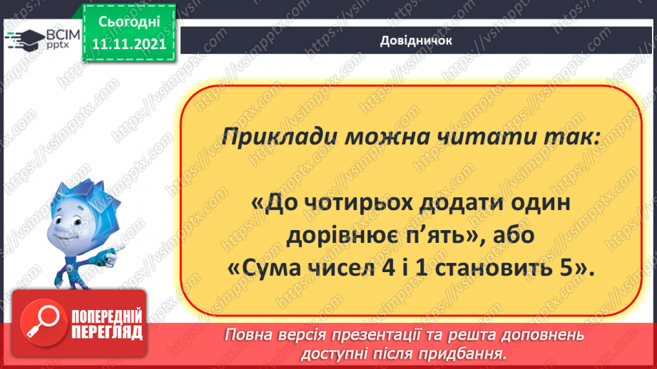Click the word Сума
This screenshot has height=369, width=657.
[270, 269]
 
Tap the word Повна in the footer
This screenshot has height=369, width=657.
[250, 336]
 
